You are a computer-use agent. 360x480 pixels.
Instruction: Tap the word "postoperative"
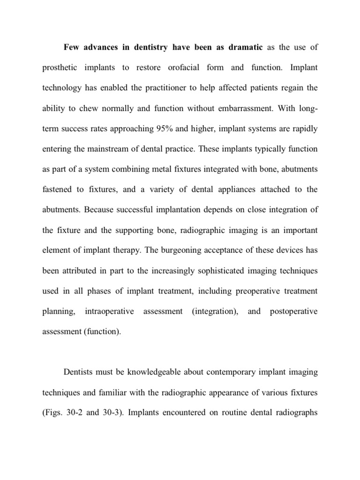coord(294,311)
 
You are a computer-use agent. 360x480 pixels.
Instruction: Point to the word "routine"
coord(240,413)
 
